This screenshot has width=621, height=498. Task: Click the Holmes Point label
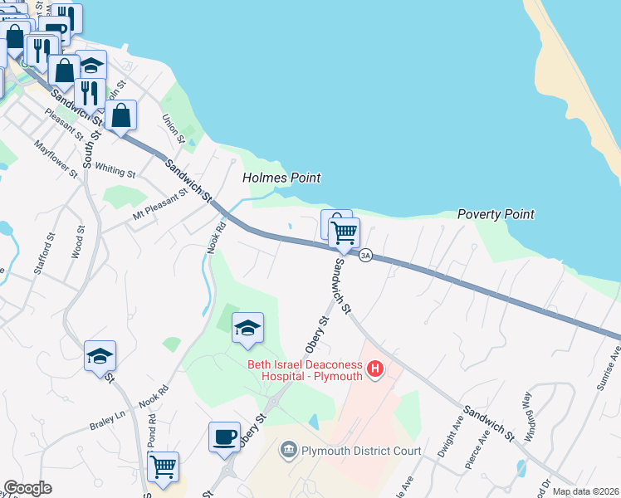(x=281, y=178)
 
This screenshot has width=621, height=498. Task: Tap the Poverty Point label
(x=496, y=214)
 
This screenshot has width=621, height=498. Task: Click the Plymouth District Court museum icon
(x=288, y=451)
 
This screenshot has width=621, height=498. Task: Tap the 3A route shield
(x=365, y=256)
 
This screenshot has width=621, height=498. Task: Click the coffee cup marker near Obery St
(x=224, y=437)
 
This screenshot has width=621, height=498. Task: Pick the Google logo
(x=27, y=488)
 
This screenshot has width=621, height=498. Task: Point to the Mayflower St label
(x=56, y=159)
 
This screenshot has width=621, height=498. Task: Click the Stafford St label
(x=49, y=254)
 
